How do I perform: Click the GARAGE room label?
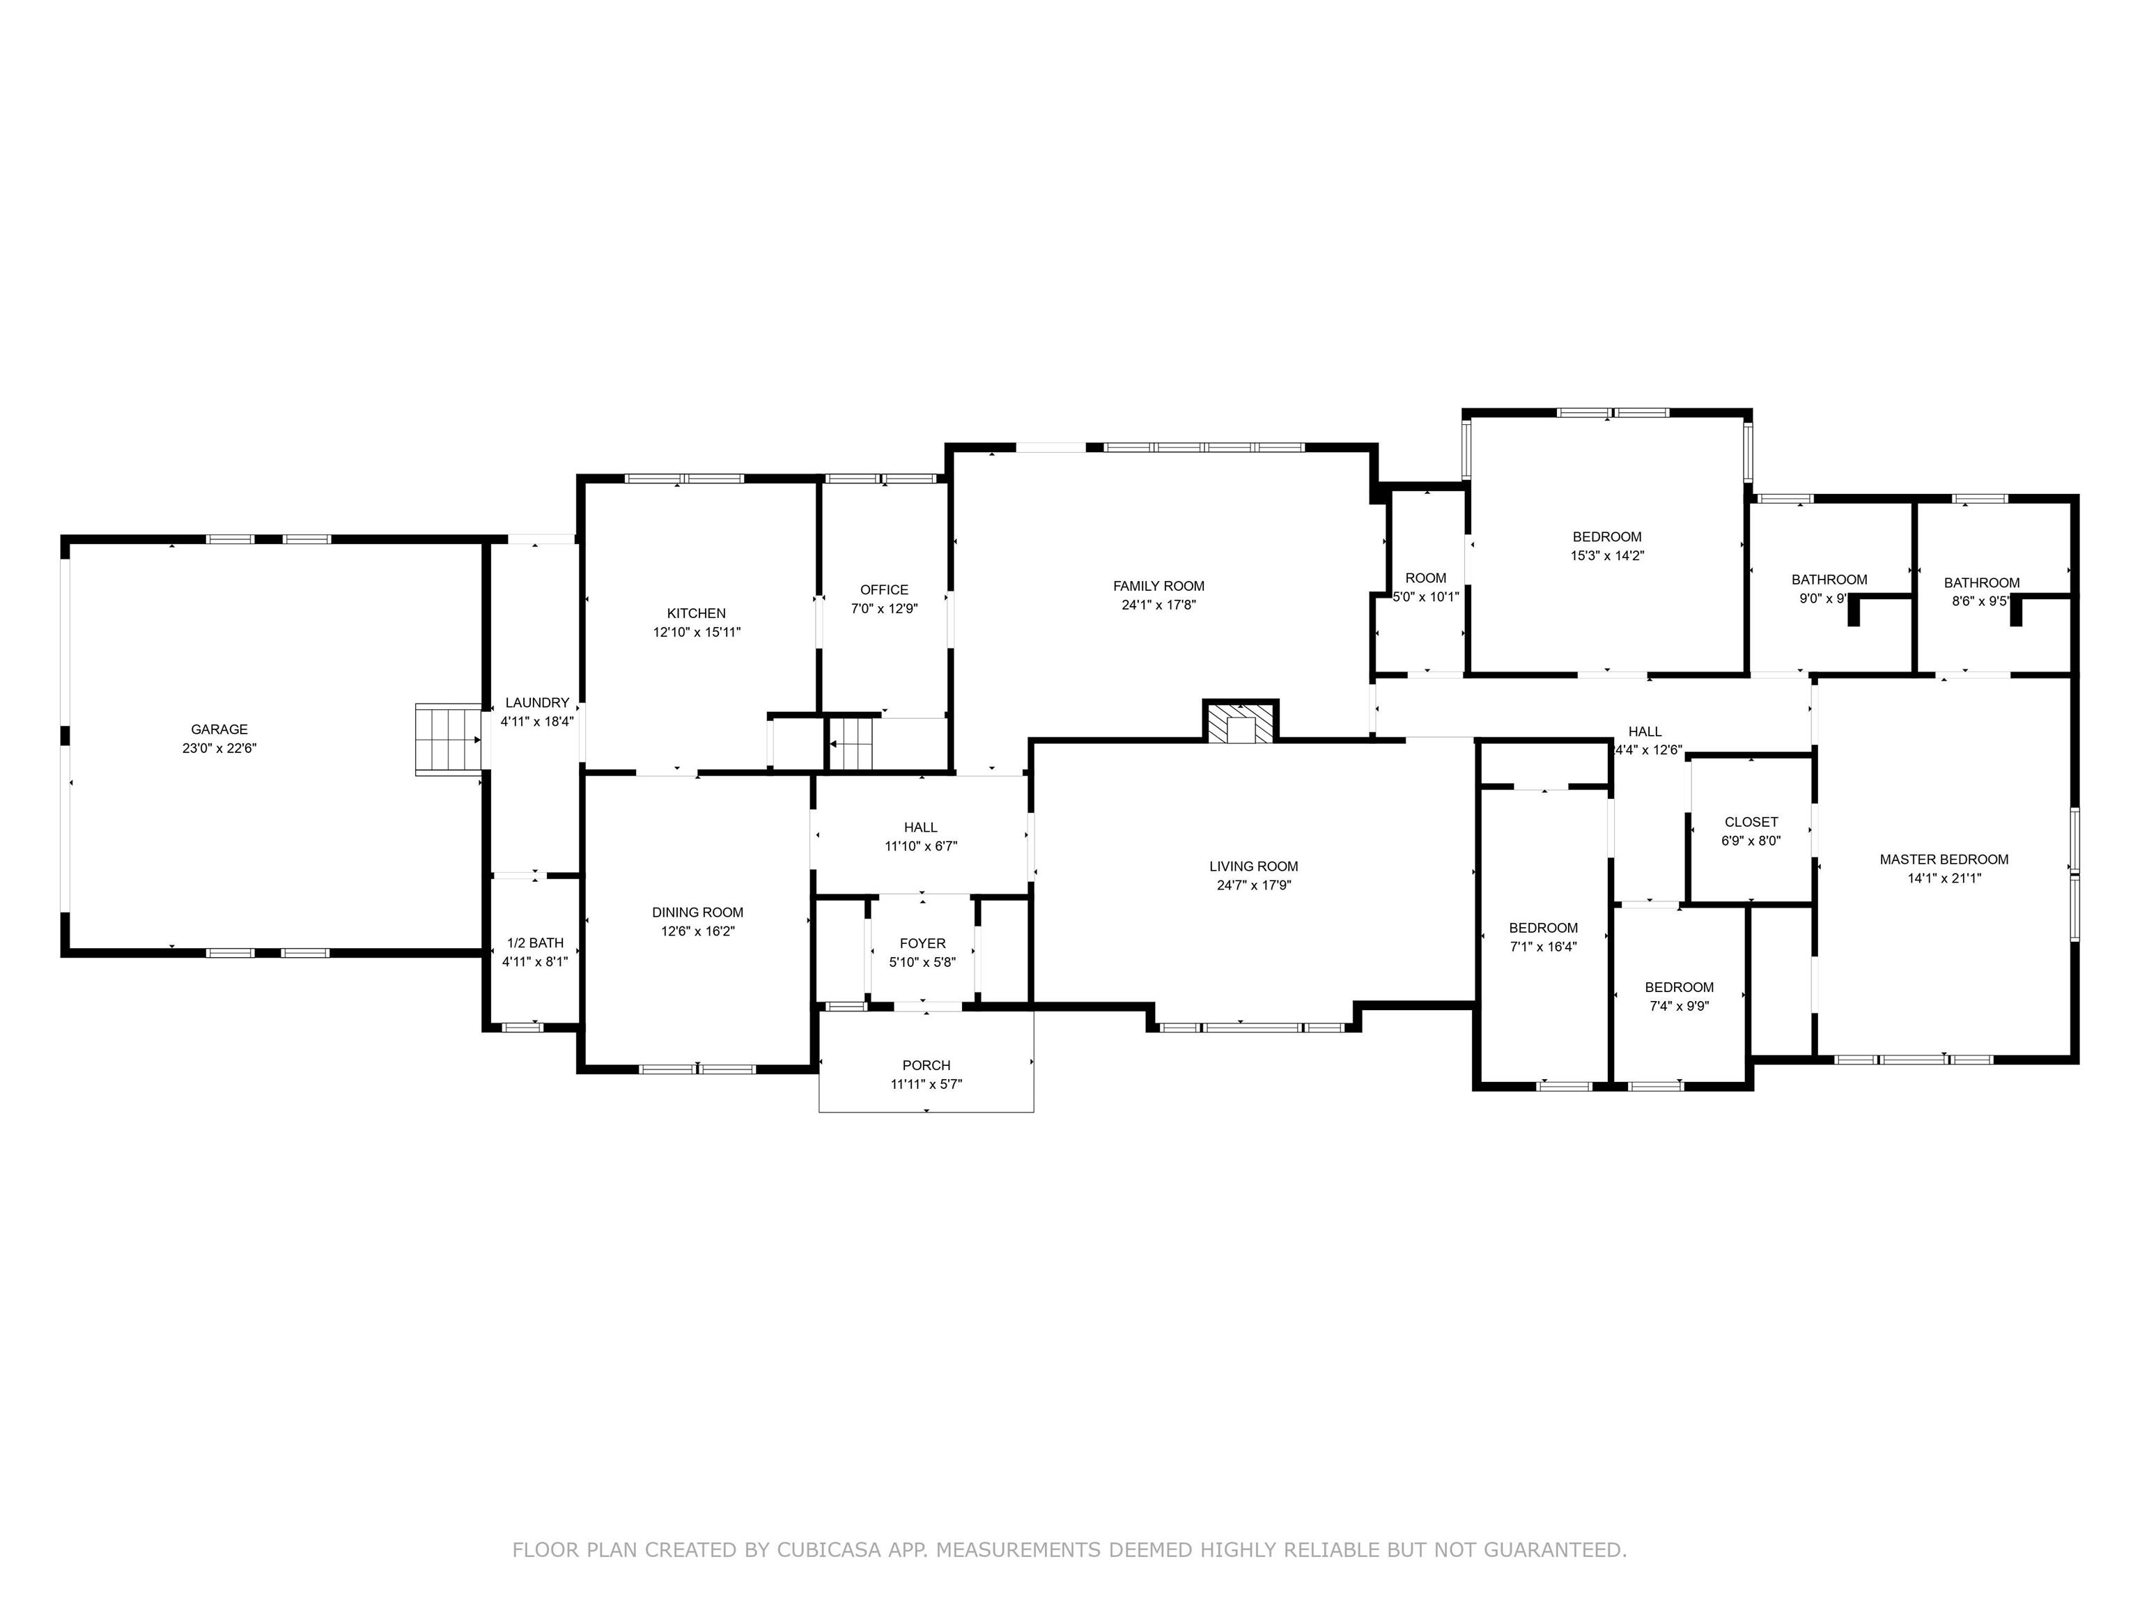(x=219, y=729)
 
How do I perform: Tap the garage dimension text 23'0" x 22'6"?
(x=219, y=748)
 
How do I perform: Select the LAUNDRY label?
(x=537, y=702)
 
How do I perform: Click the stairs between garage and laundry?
(x=449, y=739)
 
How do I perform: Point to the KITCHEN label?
(x=697, y=613)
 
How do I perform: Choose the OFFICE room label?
(x=884, y=590)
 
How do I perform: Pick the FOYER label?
(x=923, y=943)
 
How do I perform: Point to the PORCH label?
(x=926, y=1065)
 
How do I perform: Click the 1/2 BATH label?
(x=535, y=943)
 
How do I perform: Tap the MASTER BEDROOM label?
(x=1944, y=859)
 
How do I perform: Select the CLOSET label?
(x=1751, y=822)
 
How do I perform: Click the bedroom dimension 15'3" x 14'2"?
(x=1608, y=555)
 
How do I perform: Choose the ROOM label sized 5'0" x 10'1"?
(x=1426, y=578)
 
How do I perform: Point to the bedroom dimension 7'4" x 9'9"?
(x=1680, y=1005)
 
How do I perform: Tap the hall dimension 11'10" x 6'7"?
(x=921, y=846)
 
